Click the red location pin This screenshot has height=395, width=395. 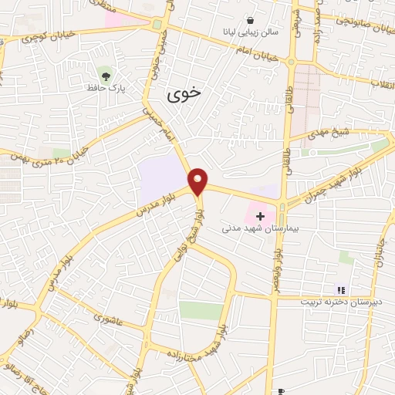click(x=198, y=181)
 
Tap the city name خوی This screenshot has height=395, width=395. click(x=184, y=93)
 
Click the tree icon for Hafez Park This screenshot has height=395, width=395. click(x=104, y=76)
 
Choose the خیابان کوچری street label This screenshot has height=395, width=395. click(x=37, y=35)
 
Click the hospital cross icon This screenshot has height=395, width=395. click(x=261, y=216)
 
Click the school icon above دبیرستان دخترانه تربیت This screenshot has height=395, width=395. click(x=341, y=289)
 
